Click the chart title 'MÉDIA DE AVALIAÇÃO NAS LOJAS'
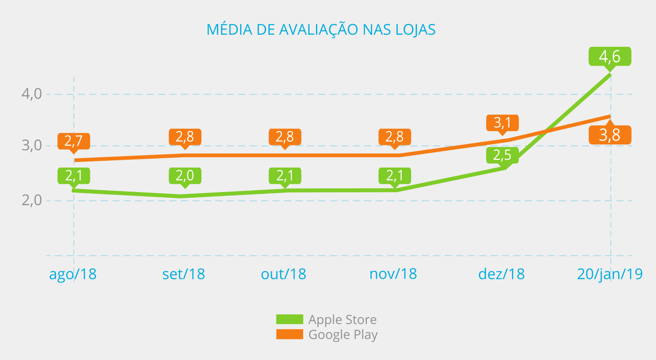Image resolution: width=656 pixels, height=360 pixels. point(321,30)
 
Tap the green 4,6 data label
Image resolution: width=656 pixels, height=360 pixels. point(610,56)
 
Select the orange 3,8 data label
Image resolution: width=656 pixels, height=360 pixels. point(610,135)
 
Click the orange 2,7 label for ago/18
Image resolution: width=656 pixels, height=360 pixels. point(74,141)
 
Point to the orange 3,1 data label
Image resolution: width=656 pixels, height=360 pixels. point(503,123)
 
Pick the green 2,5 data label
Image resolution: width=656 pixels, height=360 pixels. point(503,155)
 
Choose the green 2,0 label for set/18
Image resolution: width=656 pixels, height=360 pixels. point(185,175)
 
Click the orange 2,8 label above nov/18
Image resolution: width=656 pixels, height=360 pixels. point(394,137)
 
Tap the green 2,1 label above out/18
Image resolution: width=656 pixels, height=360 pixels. point(285,175)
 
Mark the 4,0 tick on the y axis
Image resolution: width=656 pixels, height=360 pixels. point(32,94)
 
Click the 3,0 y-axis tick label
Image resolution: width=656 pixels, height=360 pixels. point(32,145)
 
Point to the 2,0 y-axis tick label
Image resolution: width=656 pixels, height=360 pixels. point(32,200)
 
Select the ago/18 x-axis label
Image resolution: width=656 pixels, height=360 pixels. point(73,274)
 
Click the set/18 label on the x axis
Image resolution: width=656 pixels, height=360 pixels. point(184,274)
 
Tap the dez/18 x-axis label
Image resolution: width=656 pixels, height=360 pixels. point(501,274)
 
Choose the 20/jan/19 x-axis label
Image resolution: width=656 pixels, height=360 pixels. point(610,274)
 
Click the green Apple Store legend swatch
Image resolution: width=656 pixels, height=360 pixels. point(289,319)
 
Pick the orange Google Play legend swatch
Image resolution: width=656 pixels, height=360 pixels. point(289,334)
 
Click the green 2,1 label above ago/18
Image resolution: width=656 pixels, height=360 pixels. point(74,175)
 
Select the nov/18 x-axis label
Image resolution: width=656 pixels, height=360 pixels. point(393,274)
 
